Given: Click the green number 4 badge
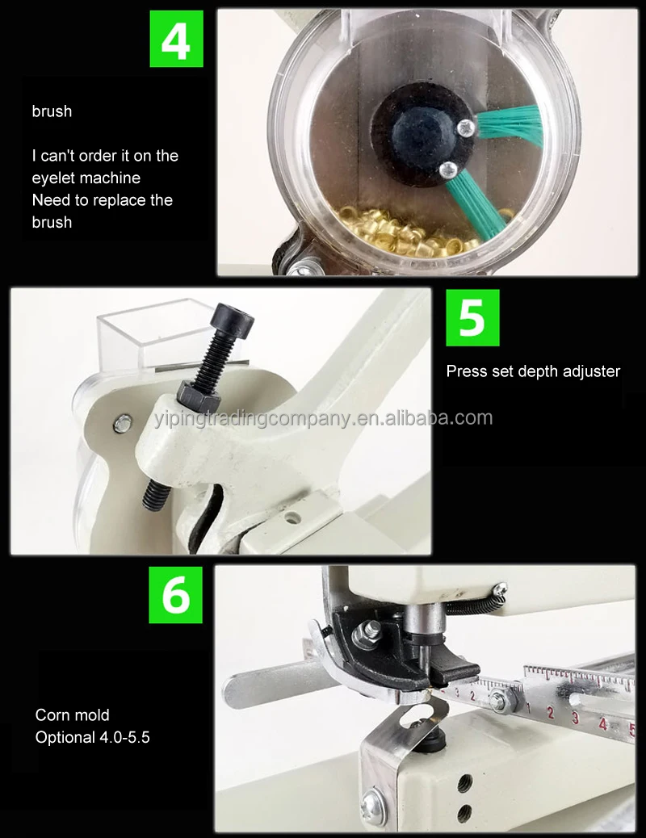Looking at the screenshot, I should pyautogui.click(x=176, y=39).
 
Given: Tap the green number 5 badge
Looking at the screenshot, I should pyautogui.click(x=472, y=318).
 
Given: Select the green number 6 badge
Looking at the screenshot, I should pyautogui.click(x=175, y=594).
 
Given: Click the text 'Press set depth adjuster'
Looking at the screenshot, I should pyautogui.click(x=533, y=371).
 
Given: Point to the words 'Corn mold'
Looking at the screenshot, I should pyautogui.click(x=72, y=715).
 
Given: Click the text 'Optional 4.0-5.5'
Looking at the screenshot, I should pyautogui.click(x=92, y=737).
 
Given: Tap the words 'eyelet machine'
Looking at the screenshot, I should pyautogui.click(x=86, y=178).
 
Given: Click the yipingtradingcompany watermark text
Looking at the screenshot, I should pyautogui.click(x=323, y=418).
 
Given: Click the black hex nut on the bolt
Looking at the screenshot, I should pyautogui.click(x=197, y=394).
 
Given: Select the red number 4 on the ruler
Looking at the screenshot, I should pyautogui.click(x=602, y=723).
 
